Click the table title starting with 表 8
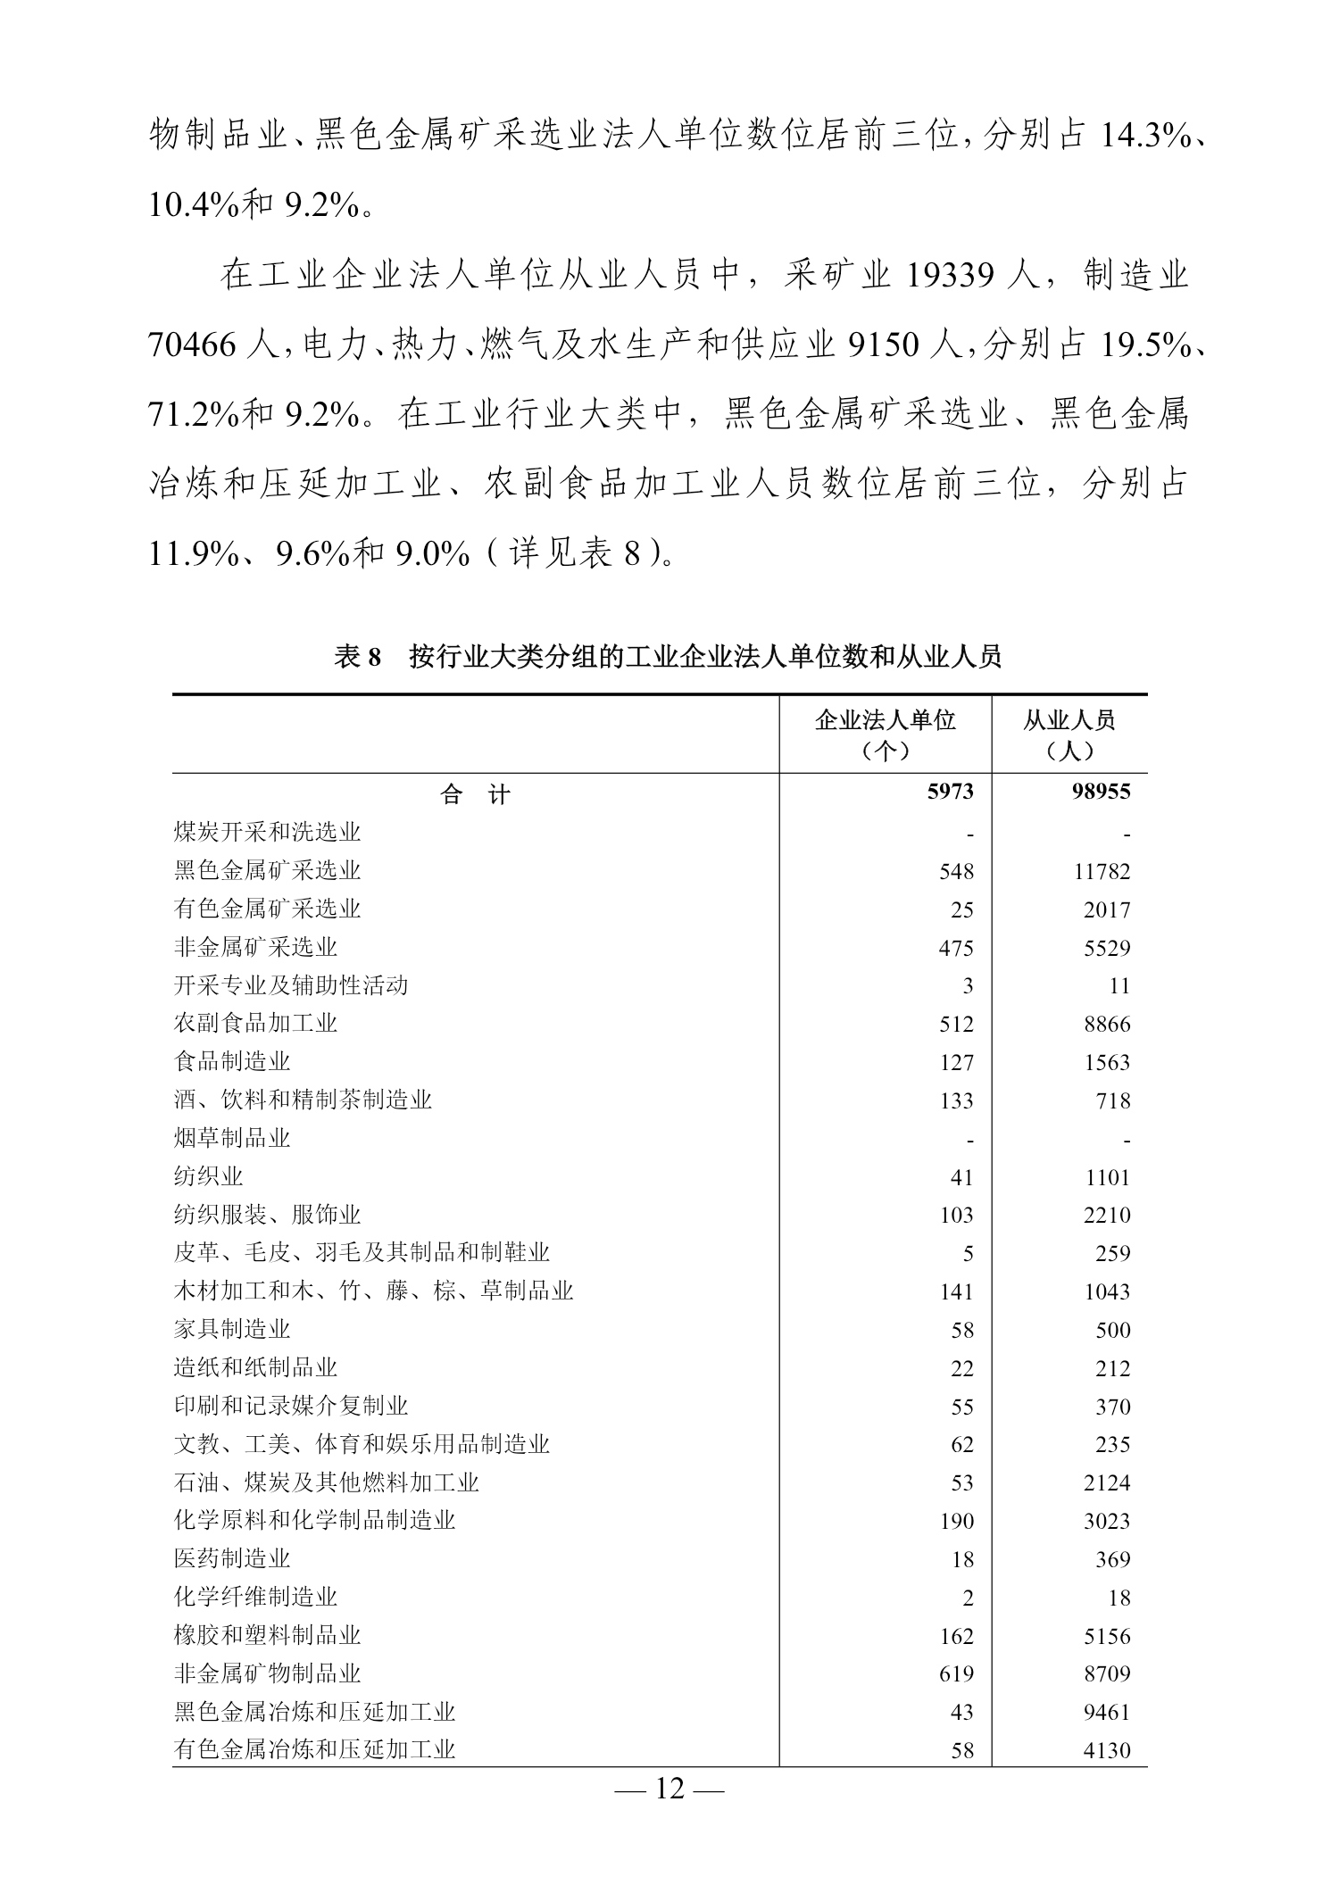tap(668, 657)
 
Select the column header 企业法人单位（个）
tap(885, 735)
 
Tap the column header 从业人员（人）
tap(1069, 735)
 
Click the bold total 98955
tap(1101, 792)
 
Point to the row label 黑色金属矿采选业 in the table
tap(267, 870)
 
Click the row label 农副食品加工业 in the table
tap(255, 1023)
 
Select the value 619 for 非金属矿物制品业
tap(956, 1673)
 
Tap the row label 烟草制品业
tap(232, 1138)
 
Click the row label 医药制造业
tap(232, 1558)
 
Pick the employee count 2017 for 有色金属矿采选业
tap(1107, 909)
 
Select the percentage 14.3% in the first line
tap(1145, 136)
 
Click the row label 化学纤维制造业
tap(255, 1597)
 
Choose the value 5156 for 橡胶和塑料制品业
tap(1107, 1636)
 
